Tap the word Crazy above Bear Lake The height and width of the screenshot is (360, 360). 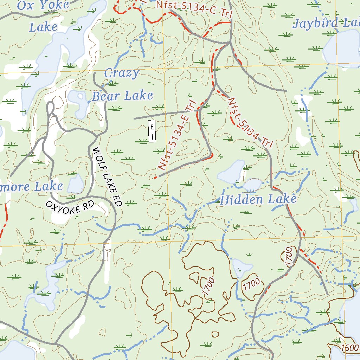(122, 73)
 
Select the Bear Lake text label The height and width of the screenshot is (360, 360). (122, 96)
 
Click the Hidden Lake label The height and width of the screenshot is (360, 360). (258, 200)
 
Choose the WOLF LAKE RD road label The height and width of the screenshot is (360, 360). (107, 177)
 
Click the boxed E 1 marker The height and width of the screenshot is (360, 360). (152, 131)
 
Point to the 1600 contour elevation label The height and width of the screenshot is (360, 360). (349, 348)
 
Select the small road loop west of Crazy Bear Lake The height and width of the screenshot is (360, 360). (50, 107)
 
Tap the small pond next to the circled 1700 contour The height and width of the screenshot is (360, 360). (242, 267)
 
